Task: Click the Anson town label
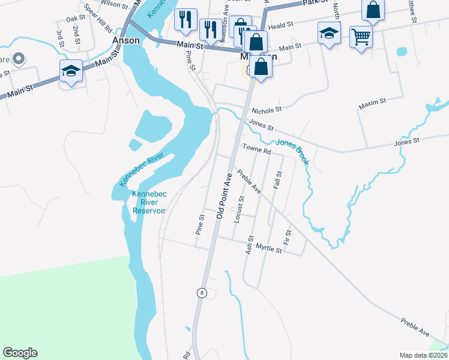(126, 41)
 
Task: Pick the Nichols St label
(267, 110)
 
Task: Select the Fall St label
(277, 181)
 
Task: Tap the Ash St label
(249, 245)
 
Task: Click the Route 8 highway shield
(202, 292)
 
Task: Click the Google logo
(20, 353)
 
